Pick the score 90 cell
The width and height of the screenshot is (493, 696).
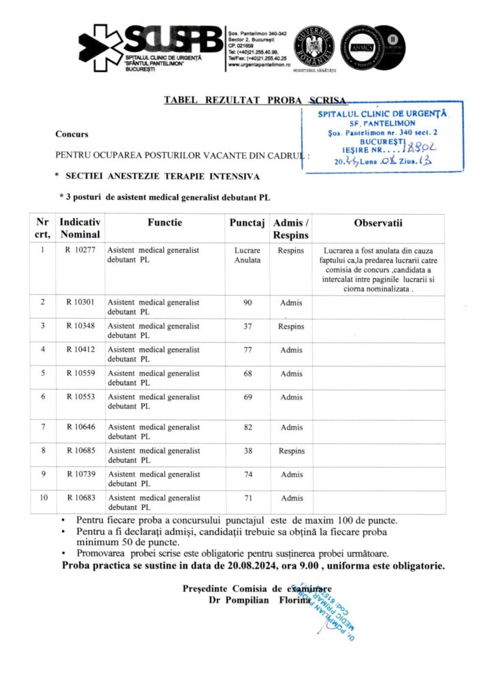click(x=247, y=302)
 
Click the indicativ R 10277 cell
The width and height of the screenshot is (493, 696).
click(x=80, y=250)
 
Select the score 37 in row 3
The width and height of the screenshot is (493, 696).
click(x=247, y=326)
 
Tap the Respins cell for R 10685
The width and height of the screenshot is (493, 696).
click(x=292, y=451)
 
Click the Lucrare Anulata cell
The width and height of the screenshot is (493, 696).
click(x=247, y=255)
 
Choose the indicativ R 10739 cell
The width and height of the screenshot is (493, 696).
click(x=80, y=474)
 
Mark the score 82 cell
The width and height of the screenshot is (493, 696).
click(x=247, y=427)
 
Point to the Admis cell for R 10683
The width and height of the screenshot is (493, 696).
click(x=292, y=498)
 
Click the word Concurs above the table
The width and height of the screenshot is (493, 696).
click(x=72, y=134)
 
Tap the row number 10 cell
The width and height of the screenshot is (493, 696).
click(x=43, y=498)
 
